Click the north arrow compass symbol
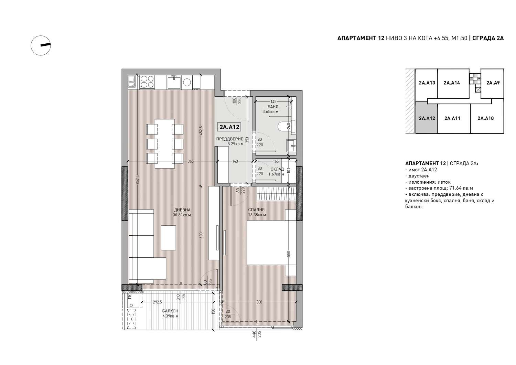(x=41, y=45)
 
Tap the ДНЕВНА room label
(x=182, y=210)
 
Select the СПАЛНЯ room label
(x=256, y=210)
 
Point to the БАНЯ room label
(x=273, y=107)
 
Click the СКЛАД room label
(x=277, y=169)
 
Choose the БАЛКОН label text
(x=170, y=311)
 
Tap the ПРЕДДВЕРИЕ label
(x=229, y=139)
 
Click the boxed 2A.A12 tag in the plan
(x=229, y=127)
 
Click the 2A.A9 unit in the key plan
(x=493, y=83)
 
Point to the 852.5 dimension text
(x=138, y=180)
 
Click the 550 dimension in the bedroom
(x=289, y=254)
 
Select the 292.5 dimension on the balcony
(x=157, y=302)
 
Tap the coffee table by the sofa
(x=169, y=238)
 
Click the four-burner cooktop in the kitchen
(x=147, y=82)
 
